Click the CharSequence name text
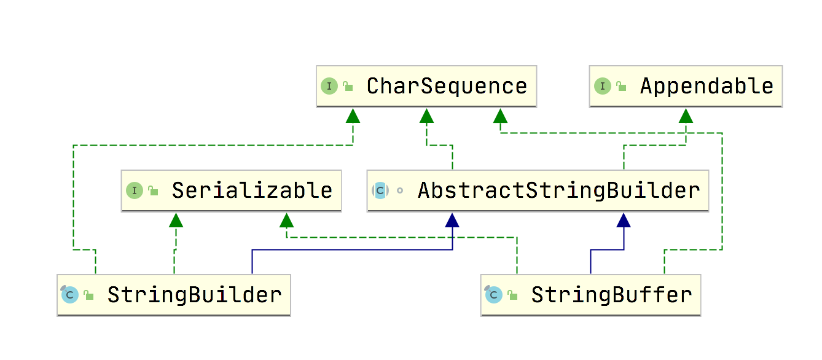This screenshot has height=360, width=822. coord(447,87)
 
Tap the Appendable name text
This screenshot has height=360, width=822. coord(707,87)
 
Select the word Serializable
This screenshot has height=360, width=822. coord(252,191)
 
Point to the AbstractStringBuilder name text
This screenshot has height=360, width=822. coord(559,191)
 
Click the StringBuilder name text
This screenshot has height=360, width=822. coord(195,295)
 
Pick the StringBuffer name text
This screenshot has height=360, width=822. coord(611,295)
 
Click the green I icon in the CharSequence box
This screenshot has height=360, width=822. coord(329,86)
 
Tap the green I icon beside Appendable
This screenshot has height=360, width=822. coord(603,86)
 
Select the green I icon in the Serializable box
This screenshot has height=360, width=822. coord(135,190)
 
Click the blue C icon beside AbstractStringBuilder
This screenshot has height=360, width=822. coord(380,190)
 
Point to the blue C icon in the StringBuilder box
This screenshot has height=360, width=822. coord(69,294)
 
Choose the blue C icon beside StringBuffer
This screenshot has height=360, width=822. coord(493,294)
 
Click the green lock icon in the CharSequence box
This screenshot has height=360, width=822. coord(348,86)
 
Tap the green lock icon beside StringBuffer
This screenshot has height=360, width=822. coord(512,295)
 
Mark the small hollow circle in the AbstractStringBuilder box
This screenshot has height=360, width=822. coord(400,190)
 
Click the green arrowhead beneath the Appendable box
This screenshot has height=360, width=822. coord(686,116)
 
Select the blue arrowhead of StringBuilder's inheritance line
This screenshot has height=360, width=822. coord(452,220)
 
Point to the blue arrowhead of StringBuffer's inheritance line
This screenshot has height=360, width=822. coord(624,220)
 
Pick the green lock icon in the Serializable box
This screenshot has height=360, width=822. coord(153,190)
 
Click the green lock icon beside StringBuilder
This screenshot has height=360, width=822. coord(88,295)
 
